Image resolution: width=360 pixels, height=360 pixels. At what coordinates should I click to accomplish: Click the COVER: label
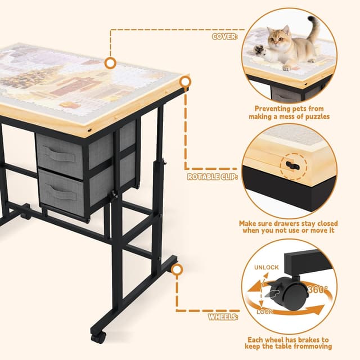pyautogui.click(x=225, y=37)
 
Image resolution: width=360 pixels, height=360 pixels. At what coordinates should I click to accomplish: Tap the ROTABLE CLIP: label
pyautogui.click(x=212, y=177)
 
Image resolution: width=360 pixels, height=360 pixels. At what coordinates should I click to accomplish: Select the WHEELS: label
pyautogui.click(x=224, y=317)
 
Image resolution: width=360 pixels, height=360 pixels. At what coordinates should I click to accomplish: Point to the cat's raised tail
pyautogui.click(x=313, y=28)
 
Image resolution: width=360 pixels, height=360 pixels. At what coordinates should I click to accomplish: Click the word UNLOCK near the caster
pyautogui.click(x=267, y=267)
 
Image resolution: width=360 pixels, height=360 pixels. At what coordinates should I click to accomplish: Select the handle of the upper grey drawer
pyautogui.click(x=60, y=154)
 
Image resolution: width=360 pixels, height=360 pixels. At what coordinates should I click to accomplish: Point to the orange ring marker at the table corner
pyautogui.click(x=184, y=82)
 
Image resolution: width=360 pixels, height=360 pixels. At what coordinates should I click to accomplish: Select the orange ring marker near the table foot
pyautogui.click(x=177, y=269)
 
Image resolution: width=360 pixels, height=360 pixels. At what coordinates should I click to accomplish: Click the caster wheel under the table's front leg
pyautogui.click(x=98, y=338)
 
